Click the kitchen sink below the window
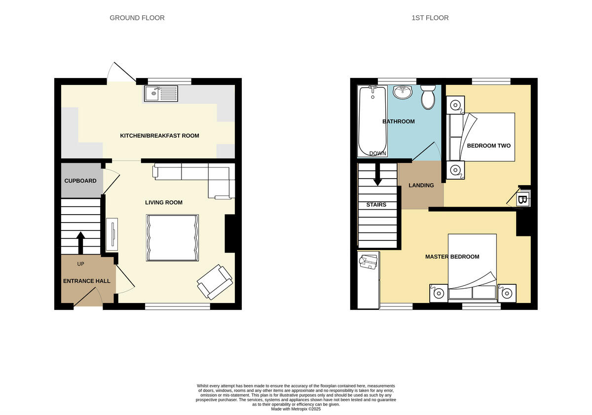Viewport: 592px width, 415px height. point(161,93)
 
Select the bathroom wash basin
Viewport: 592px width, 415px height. point(403,92)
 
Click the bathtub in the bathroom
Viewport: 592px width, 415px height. point(372,121)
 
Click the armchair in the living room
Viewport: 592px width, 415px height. point(215,282)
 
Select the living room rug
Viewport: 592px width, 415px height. point(172,237)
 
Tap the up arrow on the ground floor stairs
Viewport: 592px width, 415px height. point(81,241)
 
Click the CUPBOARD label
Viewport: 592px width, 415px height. point(80,181)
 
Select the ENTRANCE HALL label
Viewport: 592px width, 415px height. point(86,281)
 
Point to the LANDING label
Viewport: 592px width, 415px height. point(421,186)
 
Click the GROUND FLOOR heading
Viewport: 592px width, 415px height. point(137,18)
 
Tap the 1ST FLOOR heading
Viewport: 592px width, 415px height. point(430,18)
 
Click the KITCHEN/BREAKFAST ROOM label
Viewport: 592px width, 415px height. point(159,136)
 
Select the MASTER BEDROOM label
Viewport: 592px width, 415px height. point(452,257)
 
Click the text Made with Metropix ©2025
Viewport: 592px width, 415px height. point(296,409)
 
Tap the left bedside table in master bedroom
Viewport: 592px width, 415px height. point(438,293)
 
